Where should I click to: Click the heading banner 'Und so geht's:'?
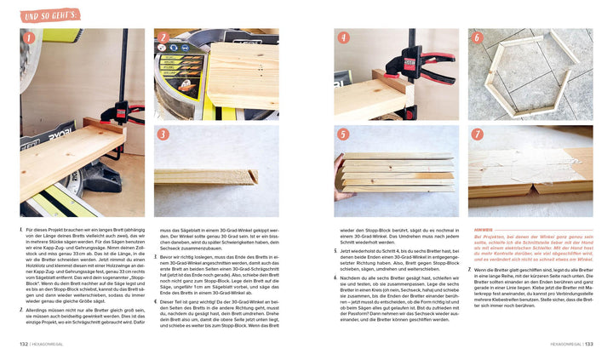[x=50, y=14]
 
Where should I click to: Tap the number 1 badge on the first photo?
[x=30, y=38]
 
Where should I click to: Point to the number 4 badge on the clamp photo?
[x=344, y=38]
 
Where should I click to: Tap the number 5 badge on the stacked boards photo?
[x=344, y=134]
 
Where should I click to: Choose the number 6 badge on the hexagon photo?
[x=478, y=38]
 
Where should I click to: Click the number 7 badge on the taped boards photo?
[x=478, y=134]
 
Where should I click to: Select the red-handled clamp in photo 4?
[x=430, y=65]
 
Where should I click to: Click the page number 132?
[x=24, y=344]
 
